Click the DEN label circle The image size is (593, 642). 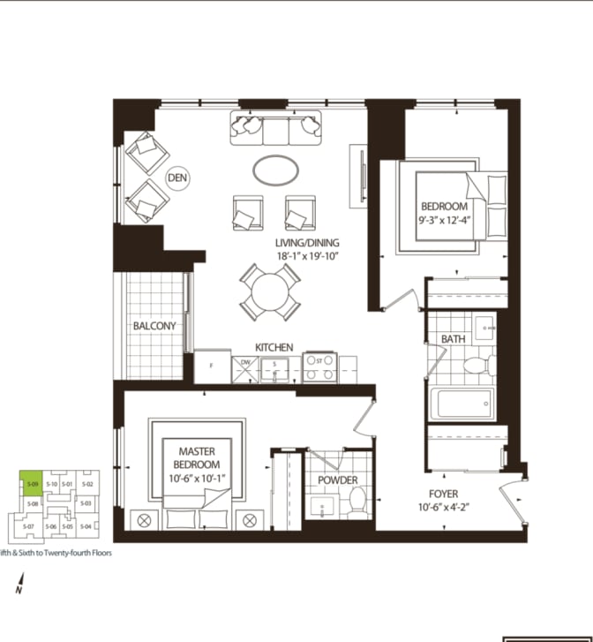(x=178, y=177)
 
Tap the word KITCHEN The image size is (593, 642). (x=274, y=348)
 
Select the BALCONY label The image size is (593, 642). (x=154, y=326)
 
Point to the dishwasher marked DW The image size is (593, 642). (x=246, y=367)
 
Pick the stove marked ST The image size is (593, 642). (x=319, y=366)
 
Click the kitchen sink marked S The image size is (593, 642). (x=275, y=368)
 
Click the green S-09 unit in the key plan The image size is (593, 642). (x=32, y=484)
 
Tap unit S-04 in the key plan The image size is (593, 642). (x=86, y=526)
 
